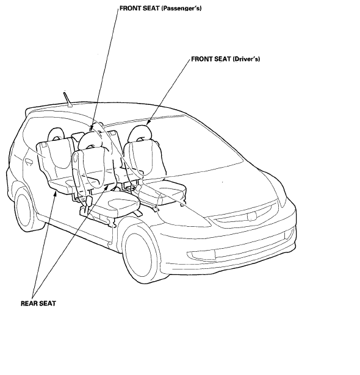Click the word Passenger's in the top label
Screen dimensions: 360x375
(181, 9)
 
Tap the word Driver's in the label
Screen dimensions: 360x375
(246, 59)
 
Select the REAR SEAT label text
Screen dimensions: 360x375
(38, 303)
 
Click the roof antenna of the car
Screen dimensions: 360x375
(68, 99)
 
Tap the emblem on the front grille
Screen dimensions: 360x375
(252, 216)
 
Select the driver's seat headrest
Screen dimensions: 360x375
(140, 133)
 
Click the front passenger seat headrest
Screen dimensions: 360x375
(90, 140)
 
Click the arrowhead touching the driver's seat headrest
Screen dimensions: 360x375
(148, 122)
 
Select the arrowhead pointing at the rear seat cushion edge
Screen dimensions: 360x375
(56, 193)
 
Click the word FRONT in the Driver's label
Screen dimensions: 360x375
(201, 59)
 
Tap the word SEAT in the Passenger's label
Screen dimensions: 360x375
(152, 9)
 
